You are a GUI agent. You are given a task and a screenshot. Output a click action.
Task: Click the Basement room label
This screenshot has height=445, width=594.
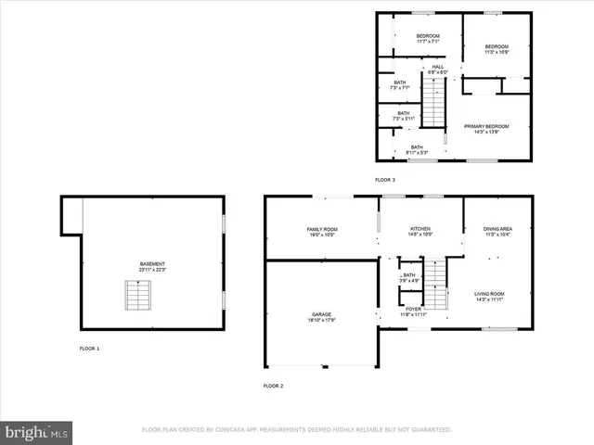[152, 265]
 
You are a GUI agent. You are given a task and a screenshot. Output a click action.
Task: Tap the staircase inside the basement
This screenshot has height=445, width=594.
[137, 296]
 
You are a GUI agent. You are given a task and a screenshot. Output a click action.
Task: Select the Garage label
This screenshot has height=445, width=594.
[322, 317]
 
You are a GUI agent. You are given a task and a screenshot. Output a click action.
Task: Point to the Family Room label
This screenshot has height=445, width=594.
[322, 231]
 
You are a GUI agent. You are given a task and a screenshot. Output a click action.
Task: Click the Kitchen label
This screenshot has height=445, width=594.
[420, 231]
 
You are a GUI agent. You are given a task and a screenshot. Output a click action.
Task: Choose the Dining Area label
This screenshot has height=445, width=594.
[497, 231]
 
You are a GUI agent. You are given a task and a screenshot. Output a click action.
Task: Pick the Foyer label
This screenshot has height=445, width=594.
[414, 311]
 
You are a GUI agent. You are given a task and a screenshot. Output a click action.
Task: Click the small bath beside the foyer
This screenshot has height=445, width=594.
[408, 277]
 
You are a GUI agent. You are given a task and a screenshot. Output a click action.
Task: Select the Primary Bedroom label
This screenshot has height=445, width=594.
[487, 129]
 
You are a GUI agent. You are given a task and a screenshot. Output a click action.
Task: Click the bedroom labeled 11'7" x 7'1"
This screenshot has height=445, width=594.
[427, 38]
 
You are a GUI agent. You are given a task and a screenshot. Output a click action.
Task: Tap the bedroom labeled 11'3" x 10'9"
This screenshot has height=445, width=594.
[497, 49]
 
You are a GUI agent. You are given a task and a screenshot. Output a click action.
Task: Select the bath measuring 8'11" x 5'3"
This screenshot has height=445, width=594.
[417, 149]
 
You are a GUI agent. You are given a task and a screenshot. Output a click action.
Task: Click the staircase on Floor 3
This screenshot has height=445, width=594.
[434, 104]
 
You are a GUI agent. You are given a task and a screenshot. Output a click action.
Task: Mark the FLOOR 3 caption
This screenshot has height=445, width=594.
[385, 179]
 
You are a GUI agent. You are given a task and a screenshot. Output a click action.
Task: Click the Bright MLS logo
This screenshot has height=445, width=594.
[37, 432]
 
